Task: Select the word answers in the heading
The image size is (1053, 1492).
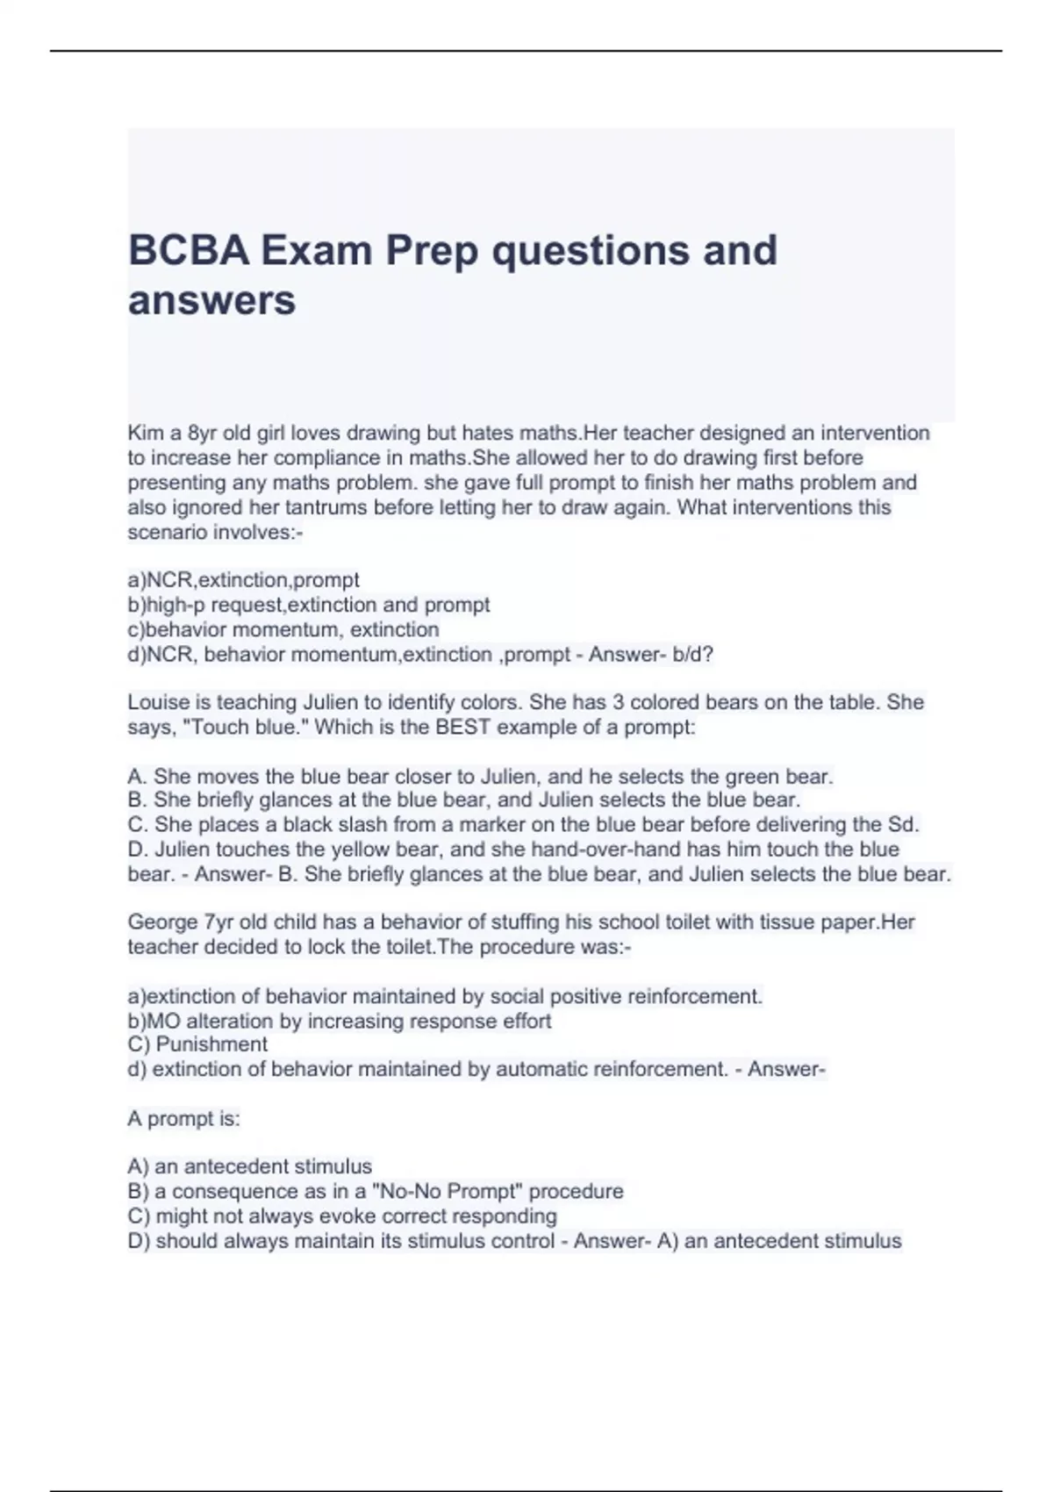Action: coord(211,300)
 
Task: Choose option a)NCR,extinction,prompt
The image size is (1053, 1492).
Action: coord(243,580)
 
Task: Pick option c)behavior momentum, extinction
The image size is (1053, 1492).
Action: coord(283,629)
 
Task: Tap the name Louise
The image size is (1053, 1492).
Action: coord(158,702)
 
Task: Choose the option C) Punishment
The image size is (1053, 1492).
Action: coord(197,1044)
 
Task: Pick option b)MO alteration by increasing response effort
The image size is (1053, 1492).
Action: coord(339,1021)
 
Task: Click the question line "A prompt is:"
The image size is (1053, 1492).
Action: coord(183,1118)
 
